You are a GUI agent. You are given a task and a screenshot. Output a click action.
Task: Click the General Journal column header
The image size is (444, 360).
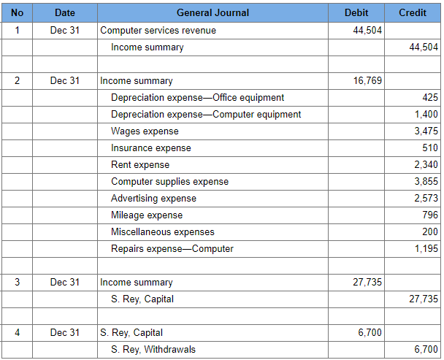(213, 13)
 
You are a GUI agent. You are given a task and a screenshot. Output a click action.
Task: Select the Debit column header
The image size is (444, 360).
(356, 13)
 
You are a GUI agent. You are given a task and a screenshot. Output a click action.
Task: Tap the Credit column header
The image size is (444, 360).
(413, 13)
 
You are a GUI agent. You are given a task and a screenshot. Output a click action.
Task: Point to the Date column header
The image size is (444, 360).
(64, 13)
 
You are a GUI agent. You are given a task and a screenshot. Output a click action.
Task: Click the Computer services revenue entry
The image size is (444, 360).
(158, 31)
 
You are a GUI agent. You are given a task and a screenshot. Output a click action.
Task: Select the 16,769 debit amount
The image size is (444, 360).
(367, 81)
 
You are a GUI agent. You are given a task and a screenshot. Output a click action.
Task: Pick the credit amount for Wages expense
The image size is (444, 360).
(426, 131)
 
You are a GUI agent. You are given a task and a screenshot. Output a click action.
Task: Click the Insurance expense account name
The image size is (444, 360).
(150, 148)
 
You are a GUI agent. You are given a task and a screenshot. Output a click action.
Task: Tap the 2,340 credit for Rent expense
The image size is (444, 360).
(426, 165)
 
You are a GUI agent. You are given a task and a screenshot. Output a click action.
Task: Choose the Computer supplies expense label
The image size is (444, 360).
(169, 182)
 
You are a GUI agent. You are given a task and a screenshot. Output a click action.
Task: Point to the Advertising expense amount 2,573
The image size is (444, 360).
(426, 199)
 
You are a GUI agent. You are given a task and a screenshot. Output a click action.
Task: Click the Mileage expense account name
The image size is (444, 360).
(147, 215)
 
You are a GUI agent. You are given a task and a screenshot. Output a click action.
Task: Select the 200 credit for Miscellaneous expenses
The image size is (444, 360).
(430, 232)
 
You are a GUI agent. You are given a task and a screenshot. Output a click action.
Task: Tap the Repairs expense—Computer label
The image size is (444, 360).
(172, 249)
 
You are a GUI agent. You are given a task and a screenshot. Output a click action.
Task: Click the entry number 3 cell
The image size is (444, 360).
(17, 283)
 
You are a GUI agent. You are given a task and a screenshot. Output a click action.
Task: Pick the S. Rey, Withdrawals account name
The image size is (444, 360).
(153, 350)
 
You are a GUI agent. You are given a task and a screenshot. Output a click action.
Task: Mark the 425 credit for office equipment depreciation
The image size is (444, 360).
(430, 98)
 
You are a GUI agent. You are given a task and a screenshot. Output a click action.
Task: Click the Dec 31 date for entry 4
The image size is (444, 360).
(64, 333)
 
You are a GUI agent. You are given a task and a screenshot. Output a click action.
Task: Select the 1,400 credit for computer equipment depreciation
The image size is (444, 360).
(426, 115)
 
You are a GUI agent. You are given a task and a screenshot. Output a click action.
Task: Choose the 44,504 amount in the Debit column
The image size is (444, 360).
(367, 31)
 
